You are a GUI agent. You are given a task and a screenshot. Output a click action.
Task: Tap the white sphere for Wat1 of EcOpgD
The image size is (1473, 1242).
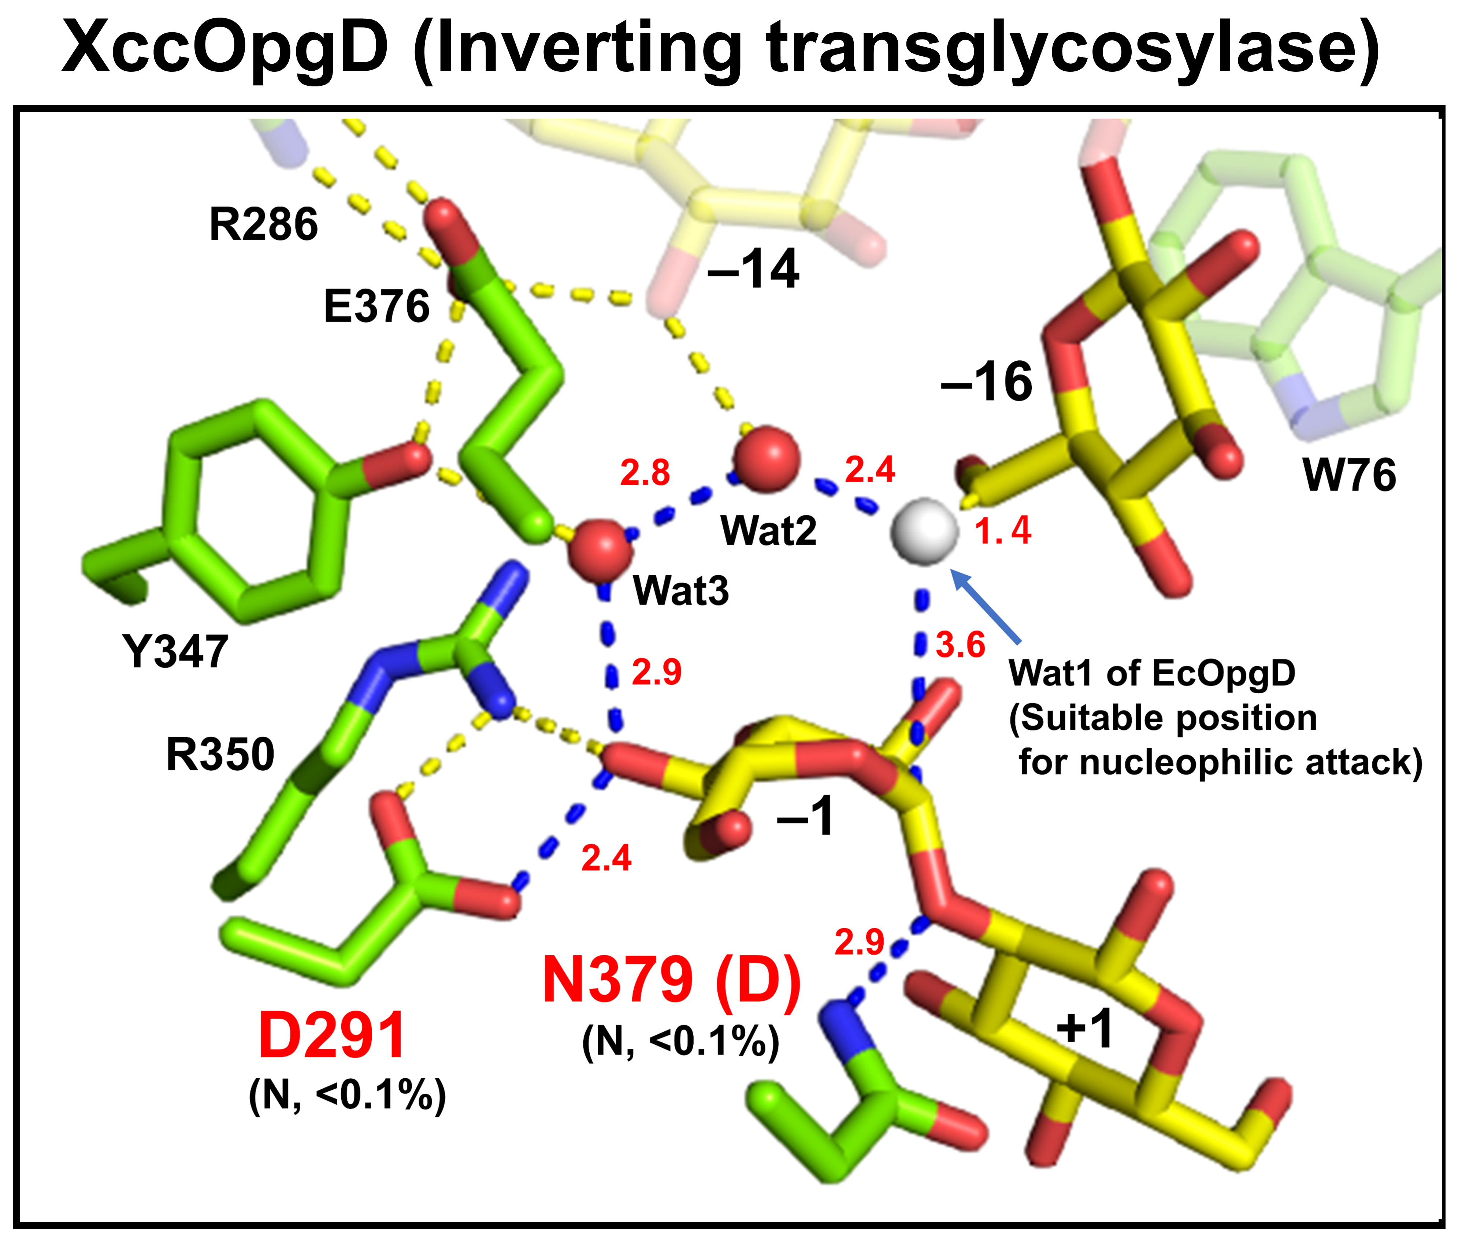pyautogui.click(x=924, y=532)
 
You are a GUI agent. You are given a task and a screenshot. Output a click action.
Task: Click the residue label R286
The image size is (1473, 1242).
pyautogui.click(x=263, y=224)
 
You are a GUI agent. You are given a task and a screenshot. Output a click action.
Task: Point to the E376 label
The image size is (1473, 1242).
pyautogui.click(x=377, y=307)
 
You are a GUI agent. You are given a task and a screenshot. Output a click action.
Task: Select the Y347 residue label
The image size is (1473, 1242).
pyautogui.click(x=175, y=651)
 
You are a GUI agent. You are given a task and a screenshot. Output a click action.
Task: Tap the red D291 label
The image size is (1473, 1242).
pyautogui.click(x=332, y=1035)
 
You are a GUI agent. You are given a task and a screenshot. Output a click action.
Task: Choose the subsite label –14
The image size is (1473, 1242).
pyautogui.click(x=753, y=269)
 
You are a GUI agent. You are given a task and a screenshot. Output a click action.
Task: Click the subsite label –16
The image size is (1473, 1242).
pyautogui.click(x=987, y=382)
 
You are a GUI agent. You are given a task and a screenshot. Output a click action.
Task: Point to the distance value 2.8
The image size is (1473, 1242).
pyautogui.click(x=644, y=473)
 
